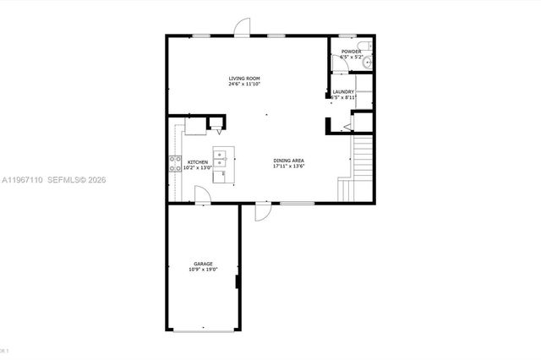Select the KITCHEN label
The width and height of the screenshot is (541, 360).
pyautogui.click(x=198, y=161)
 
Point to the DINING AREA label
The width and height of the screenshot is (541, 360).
pyautogui.click(x=288, y=161)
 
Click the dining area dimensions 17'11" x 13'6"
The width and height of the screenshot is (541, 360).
pyautogui.click(x=288, y=166)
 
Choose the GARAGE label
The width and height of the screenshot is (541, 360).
pyautogui.click(x=203, y=264)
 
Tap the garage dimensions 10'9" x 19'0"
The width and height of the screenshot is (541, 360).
pyautogui.click(x=203, y=270)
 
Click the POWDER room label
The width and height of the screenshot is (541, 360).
pyautogui.click(x=351, y=52)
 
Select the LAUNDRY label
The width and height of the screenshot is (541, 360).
pyautogui.click(x=342, y=91)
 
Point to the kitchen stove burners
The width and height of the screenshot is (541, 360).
pyautogui.click(x=177, y=164)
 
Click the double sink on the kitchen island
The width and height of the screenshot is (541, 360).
pyautogui.click(x=221, y=157)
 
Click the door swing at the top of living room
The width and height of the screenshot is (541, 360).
pyautogui.click(x=243, y=27)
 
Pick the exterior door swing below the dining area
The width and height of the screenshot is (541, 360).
pyautogui.click(x=263, y=211)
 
